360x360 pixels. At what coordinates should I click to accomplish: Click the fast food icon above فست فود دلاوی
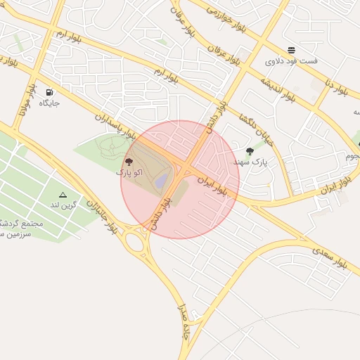291,49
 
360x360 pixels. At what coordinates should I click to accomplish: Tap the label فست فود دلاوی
291,61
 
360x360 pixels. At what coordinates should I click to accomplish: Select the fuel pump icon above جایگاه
49,92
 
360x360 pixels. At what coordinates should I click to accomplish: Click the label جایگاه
49,103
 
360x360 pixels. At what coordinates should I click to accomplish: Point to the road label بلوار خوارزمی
229,15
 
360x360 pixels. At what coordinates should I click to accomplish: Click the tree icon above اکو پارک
127,160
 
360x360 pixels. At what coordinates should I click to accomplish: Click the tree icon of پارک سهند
250,151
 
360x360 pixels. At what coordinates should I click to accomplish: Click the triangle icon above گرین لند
63,195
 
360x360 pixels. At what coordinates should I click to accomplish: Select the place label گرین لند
62,205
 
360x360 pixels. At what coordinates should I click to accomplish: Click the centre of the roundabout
134,243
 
